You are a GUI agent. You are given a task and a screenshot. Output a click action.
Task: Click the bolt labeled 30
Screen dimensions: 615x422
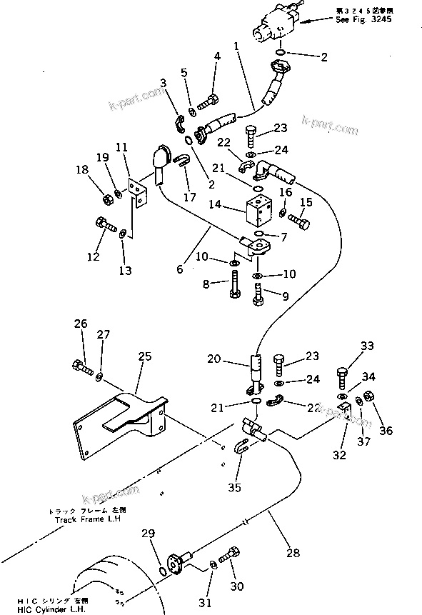pos(231,555)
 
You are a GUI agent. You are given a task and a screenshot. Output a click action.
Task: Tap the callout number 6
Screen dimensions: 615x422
pos(179,269)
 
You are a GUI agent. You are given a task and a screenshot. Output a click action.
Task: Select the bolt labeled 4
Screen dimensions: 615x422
pos(206,103)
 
